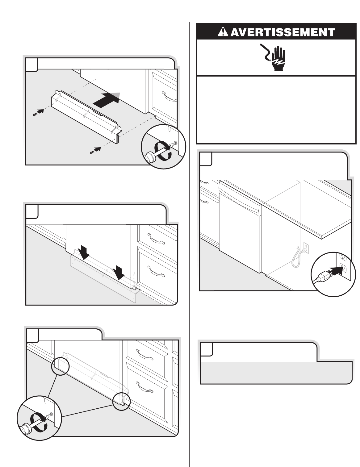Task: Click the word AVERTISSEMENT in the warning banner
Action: (x=283, y=32)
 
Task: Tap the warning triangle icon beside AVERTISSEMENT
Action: (x=223, y=32)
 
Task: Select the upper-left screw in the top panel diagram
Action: (x=35, y=115)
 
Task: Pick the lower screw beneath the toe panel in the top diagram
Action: (x=92, y=152)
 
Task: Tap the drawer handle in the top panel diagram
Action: (x=170, y=96)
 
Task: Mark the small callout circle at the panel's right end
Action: (x=121, y=401)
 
